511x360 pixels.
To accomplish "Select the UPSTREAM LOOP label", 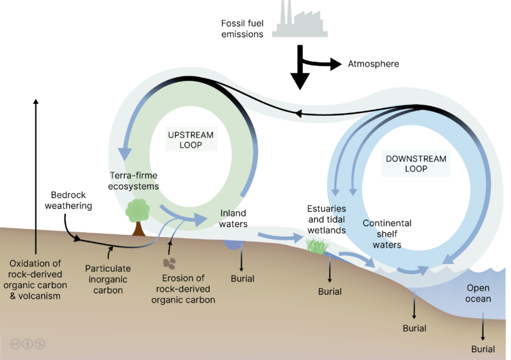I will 190,140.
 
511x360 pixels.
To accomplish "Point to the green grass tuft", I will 317,246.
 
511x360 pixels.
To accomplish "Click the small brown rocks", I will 170,263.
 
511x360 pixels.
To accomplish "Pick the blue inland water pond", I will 234,244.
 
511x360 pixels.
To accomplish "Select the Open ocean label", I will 478,293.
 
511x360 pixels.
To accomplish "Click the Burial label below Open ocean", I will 483,349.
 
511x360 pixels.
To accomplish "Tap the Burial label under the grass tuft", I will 329,291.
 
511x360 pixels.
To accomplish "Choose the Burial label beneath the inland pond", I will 242,278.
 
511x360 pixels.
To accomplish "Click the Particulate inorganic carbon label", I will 108,279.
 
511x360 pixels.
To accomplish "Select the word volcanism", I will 43,295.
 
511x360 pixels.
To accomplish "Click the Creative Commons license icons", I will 27,344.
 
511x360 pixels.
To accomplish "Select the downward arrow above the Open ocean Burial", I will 483,329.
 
